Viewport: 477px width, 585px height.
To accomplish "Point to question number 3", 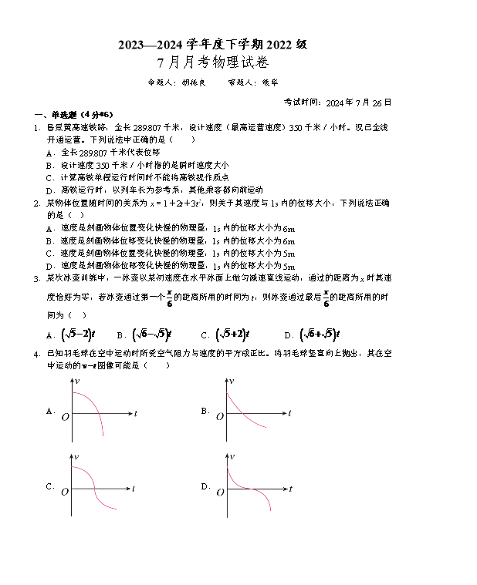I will click(x=36, y=277).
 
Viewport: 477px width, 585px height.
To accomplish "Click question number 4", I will click(x=36, y=353).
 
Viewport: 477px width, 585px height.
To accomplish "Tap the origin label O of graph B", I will click(x=219, y=417).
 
